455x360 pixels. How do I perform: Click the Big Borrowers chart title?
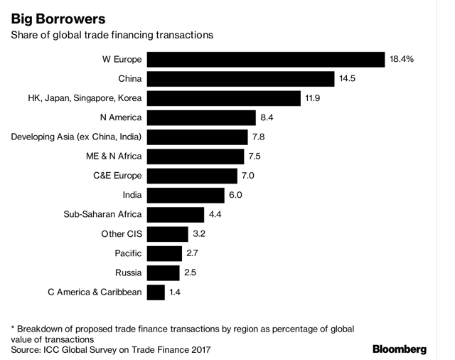(x=53, y=15)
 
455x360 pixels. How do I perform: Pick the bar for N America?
(x=202, y=117)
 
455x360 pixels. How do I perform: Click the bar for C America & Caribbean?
(x=156, y=292)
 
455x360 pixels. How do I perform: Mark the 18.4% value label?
(x=402, y=59)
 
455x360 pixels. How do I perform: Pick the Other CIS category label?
(x=122, y=233)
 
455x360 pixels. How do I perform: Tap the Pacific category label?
(x=128, y=253)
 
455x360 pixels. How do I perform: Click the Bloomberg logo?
(x=400, y=349)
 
